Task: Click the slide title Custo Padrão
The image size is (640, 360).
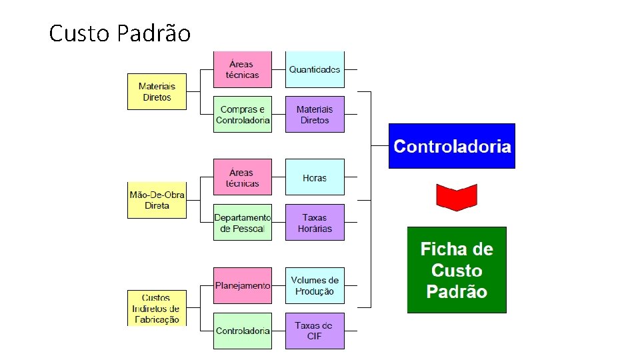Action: point(120,33)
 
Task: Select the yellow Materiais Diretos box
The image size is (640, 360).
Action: point(157,91)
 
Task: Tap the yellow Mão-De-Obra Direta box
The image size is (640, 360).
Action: point(157,200)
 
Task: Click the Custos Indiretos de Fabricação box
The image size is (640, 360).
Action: point(157,308)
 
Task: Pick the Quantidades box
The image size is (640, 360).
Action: point(315,69)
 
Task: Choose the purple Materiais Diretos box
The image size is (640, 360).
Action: point(315,115)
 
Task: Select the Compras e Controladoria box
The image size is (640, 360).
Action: point(243,115)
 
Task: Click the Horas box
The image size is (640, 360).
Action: point(315,177)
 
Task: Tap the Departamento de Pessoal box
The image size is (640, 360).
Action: point(243,223)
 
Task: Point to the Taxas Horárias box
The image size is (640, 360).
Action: point(315,223)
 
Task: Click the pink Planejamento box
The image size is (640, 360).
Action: point(243,285)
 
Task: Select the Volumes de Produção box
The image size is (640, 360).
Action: point(315,285)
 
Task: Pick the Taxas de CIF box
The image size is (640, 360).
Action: point(315,331)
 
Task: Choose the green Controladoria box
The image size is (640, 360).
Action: point(243,331)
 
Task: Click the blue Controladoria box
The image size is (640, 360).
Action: point(452,146)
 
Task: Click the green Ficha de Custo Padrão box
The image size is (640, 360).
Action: point(457,270)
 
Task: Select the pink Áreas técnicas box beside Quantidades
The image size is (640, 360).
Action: point(243,69)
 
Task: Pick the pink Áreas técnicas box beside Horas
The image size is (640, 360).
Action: point(243,177)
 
